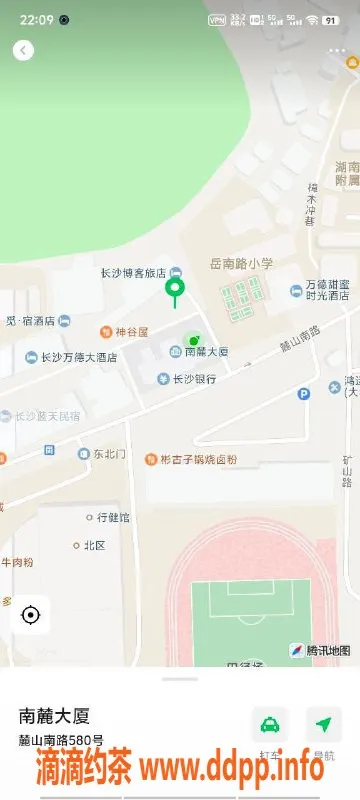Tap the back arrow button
point(23,50)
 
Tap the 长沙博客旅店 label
point(133,273)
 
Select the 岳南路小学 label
point(241,263)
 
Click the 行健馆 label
point(113,518)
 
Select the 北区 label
point(95,546)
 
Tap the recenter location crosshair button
point(30,614)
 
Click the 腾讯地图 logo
point(320,650)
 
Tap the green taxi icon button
point(269,724)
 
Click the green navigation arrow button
point(323,724)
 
